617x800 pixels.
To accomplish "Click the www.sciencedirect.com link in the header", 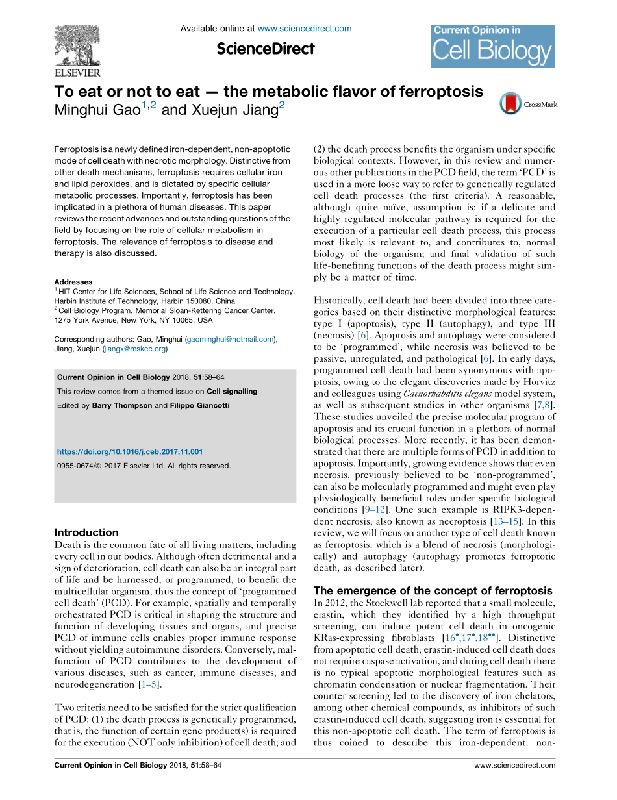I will click(x=305, y=29).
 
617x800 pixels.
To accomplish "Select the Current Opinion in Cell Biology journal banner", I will click(x=493, y=45).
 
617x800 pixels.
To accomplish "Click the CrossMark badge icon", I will click(x=511, y=104).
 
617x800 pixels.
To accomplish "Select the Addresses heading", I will click(x=73, y=282).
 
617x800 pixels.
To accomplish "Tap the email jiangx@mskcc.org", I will click(x=134, y=349).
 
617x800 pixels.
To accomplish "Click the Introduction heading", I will click(x=86, y=532).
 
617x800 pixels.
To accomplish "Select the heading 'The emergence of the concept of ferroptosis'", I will click(x=433, y=590).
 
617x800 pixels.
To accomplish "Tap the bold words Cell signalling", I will click(x=232, y=391).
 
